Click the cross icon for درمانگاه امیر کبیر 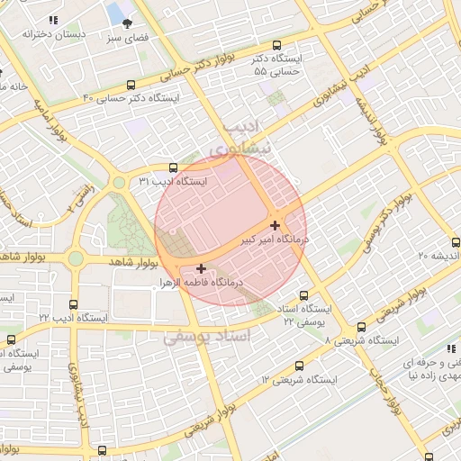(x=275, y=224)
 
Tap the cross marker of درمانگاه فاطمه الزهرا (x=200, y=267)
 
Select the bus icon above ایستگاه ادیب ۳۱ (x=173, y=167)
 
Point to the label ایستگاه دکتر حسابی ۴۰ (x=131, y=97)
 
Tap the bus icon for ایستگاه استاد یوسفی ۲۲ (x=303, y=294)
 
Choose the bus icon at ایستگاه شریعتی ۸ (x=361, y=328)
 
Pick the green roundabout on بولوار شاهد (x=76, y=259)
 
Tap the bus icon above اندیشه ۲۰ (x=456, y=241)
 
